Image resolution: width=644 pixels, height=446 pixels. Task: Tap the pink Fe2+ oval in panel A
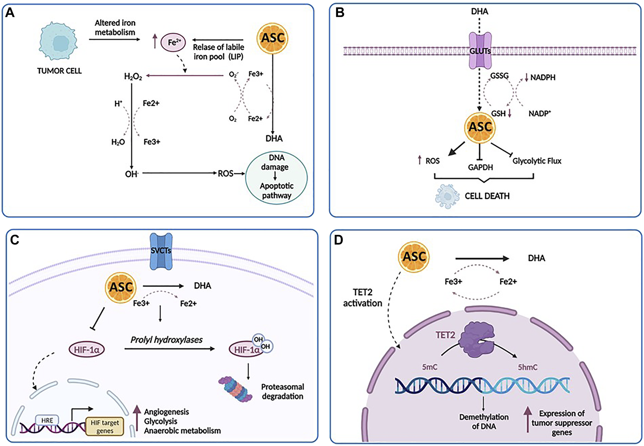click(173, 42)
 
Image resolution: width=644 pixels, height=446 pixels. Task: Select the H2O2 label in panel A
click(133, 76)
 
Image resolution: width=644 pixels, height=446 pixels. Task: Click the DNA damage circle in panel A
click(276, 178)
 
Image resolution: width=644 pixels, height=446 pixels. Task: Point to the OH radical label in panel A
click(131, 174)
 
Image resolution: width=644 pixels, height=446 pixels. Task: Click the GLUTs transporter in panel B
click(480, 50)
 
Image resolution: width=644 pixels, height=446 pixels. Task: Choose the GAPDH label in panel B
click(480, 167)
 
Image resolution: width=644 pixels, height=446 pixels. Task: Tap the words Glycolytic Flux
click(536, 161)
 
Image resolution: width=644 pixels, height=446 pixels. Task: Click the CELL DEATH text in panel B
click(487, 196)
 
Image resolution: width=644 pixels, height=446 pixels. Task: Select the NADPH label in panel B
click(543, 77)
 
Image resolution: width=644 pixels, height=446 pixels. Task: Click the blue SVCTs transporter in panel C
click(161, 251)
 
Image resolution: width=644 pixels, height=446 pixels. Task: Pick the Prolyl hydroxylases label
click(166, 340)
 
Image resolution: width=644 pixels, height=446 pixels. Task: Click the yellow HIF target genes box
click(105, 426)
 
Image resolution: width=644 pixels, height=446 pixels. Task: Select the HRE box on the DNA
click(47, 420)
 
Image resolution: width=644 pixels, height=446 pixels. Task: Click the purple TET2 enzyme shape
click(474, 341)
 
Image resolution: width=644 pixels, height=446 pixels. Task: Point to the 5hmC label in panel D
click(527, 367)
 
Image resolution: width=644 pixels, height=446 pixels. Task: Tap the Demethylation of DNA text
click(484, 421)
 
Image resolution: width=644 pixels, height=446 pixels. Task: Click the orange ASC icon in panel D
click(414, 257)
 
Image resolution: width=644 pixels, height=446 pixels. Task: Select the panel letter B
click(339, 13)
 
